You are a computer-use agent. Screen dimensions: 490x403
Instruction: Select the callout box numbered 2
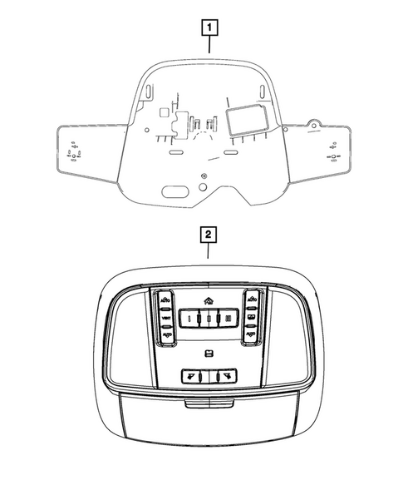coord(209,235)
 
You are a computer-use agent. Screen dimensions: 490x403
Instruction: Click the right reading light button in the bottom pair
coord(225,376)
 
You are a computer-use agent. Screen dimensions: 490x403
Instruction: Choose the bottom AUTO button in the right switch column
coord(250,335)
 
